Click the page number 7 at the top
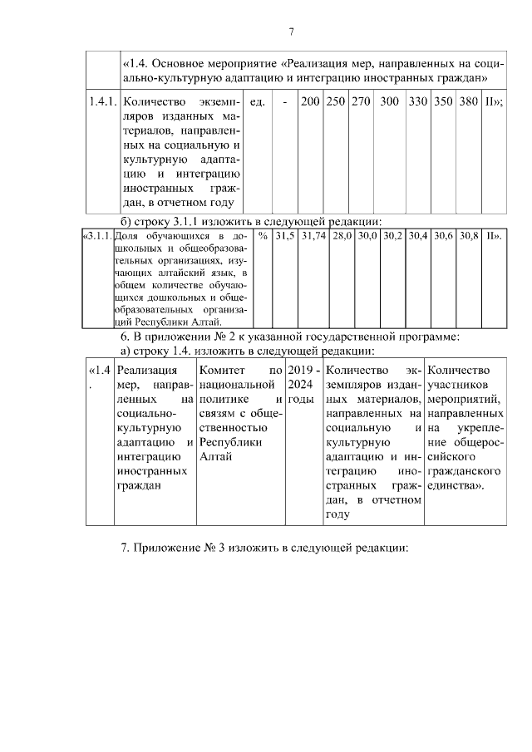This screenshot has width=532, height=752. coord(291,32)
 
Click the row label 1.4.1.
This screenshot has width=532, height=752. coord(103,102)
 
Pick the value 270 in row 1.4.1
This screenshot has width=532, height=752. coord(361,102)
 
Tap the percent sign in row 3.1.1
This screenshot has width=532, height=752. coord(263,237)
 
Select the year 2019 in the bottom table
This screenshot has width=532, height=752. coord(301,370)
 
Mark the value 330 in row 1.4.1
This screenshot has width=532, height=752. coord(417,102)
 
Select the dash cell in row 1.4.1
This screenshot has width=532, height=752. coord(285,102)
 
